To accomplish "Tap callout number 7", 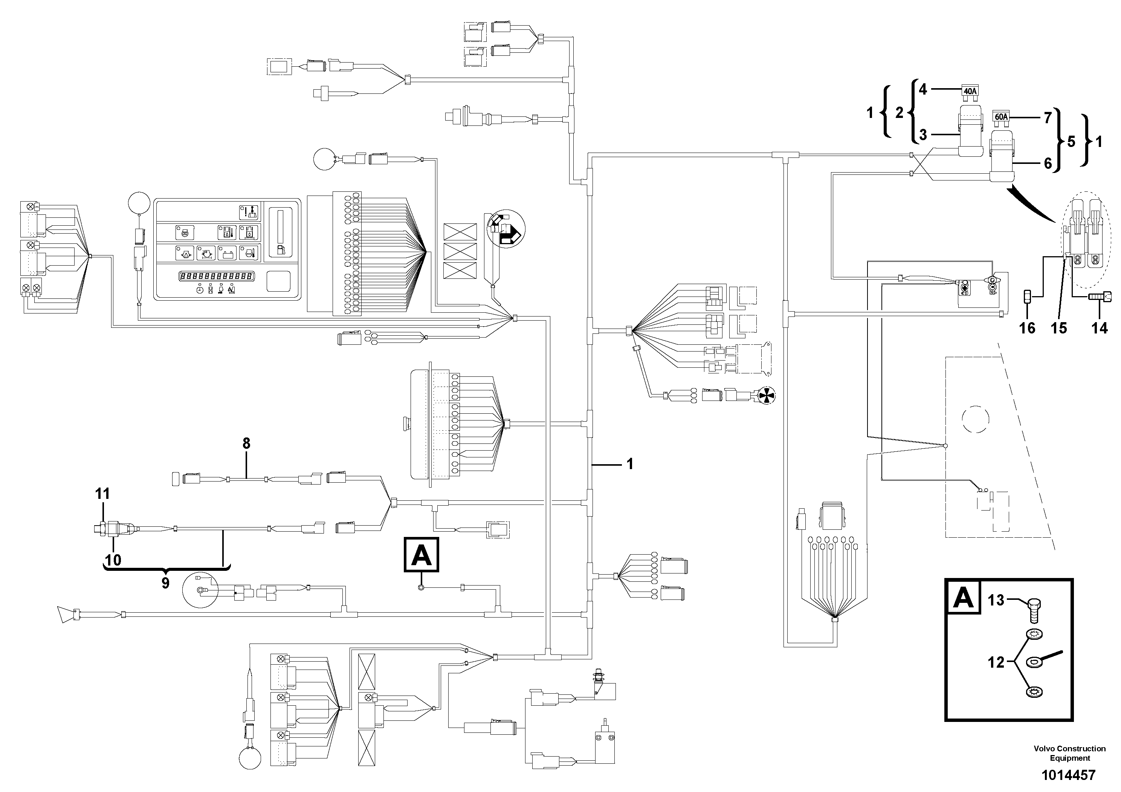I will coord(1047,117).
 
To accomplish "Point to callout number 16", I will coord(1027,328).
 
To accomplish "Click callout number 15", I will coord(1058,328).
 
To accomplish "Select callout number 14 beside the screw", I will coord(1100,328).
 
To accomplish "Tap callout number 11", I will coord(102,494).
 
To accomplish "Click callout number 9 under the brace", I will coord(165,583).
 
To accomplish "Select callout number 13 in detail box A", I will coord(996,599).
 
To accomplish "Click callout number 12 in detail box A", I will coord(996,663).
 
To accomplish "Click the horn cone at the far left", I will coord(64,614).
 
